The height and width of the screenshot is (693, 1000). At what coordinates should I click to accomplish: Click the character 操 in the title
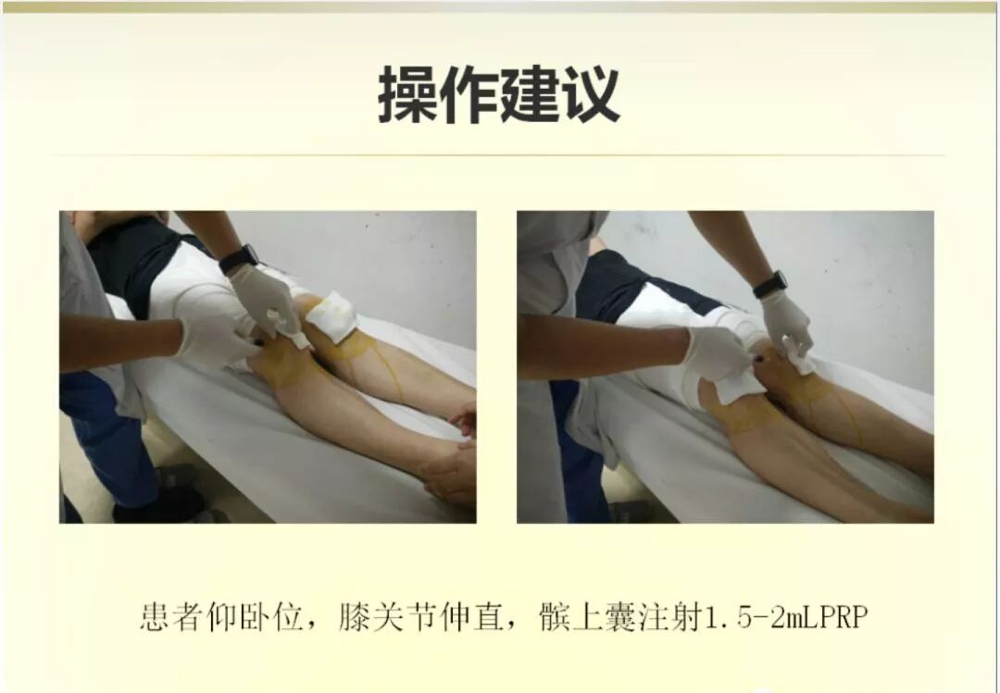408,94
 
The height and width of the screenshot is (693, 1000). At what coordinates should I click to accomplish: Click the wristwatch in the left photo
239,258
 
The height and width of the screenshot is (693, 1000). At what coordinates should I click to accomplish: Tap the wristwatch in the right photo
769,284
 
